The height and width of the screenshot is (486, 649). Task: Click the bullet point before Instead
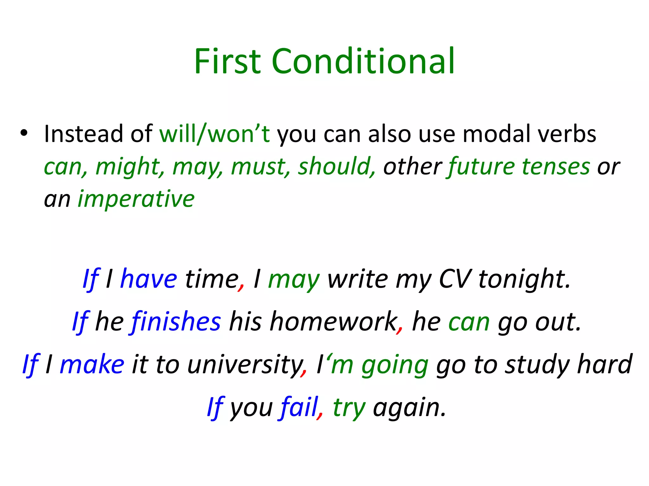[24, 133]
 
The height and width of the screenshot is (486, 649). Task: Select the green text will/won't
[215, 134]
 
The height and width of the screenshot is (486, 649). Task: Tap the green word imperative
[136, 199]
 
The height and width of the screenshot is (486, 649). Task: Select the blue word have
[148, 279]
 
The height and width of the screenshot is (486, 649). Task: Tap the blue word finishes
[176, 322]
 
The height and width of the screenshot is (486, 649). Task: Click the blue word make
[92, 365]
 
